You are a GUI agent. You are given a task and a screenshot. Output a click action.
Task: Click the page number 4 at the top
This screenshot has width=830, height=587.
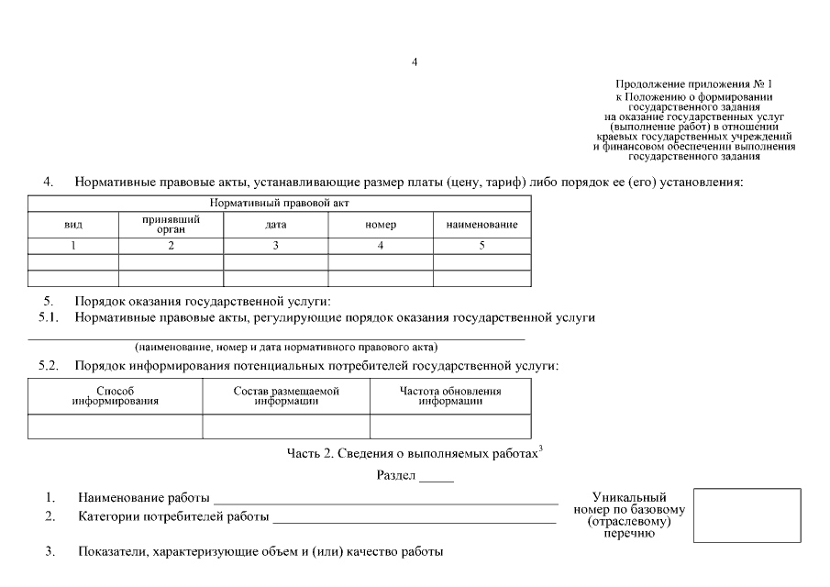[415, 61]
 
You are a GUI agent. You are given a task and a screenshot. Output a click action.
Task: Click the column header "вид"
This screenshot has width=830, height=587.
[73, 225]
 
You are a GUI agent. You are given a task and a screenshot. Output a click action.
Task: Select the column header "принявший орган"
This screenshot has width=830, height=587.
[171, 225]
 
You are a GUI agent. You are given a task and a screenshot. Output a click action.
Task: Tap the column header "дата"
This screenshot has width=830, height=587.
[275, 225]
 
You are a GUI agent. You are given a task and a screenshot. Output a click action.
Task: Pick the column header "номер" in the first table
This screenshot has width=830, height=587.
[380, 225]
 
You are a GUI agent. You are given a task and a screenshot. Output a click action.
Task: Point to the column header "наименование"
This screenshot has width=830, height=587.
[481, 225]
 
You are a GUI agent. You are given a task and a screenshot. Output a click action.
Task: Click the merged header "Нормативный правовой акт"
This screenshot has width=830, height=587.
[280, 203]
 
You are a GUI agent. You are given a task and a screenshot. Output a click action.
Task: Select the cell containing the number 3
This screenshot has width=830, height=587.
[275, 246]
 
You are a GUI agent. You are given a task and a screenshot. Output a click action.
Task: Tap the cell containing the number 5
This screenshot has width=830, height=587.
[481, 246]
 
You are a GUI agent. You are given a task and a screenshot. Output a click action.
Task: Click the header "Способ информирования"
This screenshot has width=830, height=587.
[116, 396]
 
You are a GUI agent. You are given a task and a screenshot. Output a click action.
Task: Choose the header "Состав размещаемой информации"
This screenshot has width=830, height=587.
[286, 396]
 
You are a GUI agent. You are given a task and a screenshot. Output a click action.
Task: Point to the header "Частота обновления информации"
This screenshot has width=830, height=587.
[450, 396]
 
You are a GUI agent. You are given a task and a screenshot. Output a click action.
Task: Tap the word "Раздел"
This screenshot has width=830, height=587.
[397, 476]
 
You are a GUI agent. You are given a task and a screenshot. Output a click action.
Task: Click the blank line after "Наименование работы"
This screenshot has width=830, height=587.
[385, 500]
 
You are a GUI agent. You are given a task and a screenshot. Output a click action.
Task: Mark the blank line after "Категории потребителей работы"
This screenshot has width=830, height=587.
[415, 519]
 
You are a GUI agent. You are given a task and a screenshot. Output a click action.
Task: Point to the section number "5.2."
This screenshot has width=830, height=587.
[49, 366]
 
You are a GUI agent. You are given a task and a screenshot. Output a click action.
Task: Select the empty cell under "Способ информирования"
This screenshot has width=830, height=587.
[116, 426]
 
